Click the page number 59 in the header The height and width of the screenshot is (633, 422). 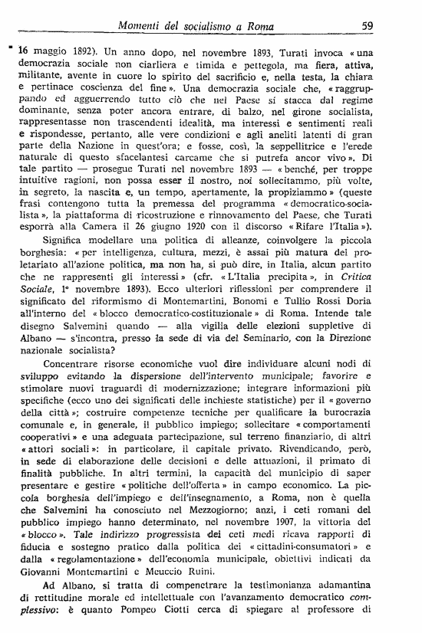pyautogui.click(x=366, y=27)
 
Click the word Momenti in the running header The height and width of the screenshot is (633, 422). pyautogui.click(x=143, y=27)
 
